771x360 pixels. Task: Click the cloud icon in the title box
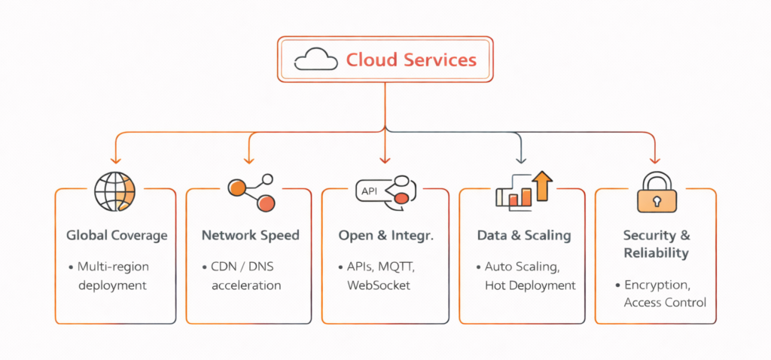tap(315, 59)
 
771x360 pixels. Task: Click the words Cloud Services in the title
tap(411, 59)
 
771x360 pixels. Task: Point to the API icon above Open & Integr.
tap(385, 192)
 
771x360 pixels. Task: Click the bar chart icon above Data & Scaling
tap(523, 191)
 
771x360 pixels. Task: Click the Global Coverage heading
tap(117, 236)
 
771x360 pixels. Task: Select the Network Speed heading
tap(251, 236)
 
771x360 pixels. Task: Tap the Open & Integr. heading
tap(385, 236)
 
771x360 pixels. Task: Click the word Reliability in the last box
tap(656, 253)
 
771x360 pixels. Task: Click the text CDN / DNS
tap(242, 267)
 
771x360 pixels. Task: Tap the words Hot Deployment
tap(530, 285)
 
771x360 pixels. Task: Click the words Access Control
tap(665, 303)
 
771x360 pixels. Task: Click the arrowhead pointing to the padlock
tap(654, 159)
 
